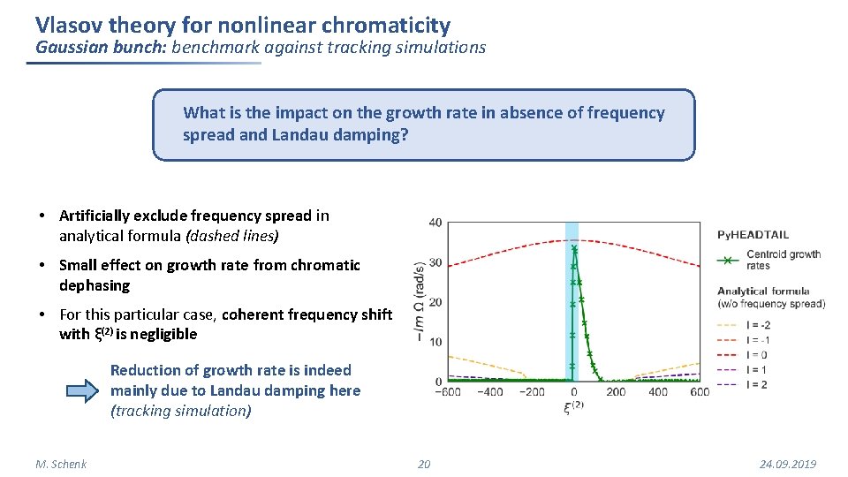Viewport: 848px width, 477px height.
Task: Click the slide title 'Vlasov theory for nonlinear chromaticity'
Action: click(x=243, y=26)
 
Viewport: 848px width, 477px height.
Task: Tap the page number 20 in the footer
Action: click(x=424, y=465)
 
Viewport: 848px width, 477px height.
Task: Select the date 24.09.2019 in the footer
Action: click(x=788, y=465)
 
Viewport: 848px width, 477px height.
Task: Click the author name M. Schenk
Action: click(x=61, y=465)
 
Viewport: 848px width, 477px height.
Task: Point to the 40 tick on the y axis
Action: click(x=435, y=223)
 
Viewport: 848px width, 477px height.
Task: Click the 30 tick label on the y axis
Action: click(x=435, y=263)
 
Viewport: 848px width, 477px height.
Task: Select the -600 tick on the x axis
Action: click(x=449, y=392)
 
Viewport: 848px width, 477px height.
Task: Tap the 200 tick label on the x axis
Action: click(x=616, y=392)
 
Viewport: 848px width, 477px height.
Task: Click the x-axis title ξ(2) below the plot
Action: click(x=573, y=407)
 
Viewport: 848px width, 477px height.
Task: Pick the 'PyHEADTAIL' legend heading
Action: click(x=753, y=235)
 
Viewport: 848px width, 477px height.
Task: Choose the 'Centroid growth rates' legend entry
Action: click(x=783, y=260)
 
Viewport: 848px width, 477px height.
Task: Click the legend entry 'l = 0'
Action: click(x=759, y=355)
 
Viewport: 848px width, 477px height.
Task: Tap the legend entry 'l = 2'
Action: click(x=759, y=384)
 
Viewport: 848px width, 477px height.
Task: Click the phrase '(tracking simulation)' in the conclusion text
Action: click(x=180, y=411)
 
